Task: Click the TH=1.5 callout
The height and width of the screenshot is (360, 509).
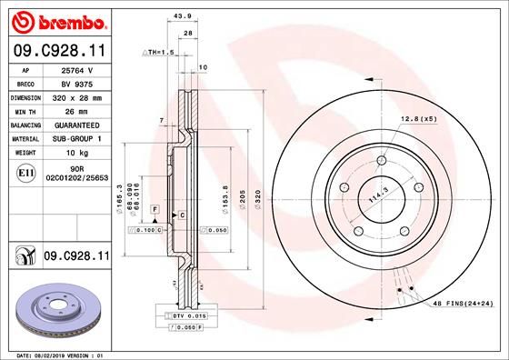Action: pyautogui.click(x=157, y=53)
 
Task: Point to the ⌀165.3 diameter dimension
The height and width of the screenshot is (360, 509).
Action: pyautogui.click(x=120, y=193)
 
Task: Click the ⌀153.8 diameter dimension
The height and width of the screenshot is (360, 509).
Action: pyautogui.click(x=225, y=193)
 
